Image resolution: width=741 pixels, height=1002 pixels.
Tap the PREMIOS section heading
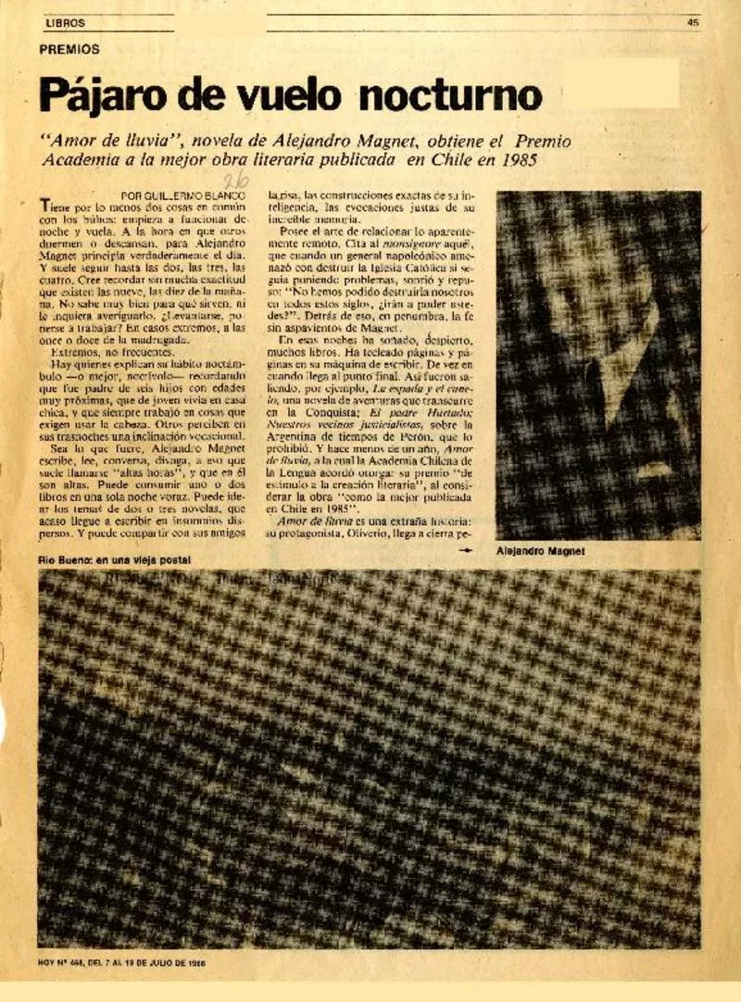click(69, 49)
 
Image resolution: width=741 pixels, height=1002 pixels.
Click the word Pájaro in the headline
click(103, 96)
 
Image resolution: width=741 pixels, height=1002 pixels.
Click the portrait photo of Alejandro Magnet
click(597, 365)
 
